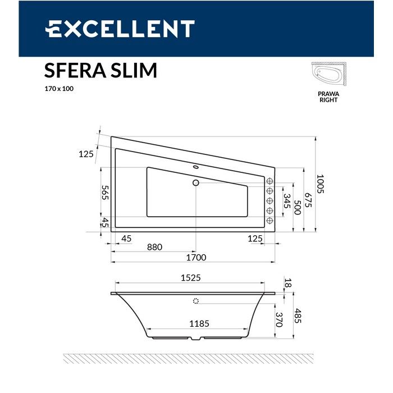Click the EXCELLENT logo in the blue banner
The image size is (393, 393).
(120, 29)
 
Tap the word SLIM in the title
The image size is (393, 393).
(135, 71)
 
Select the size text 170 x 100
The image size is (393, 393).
(59, 89)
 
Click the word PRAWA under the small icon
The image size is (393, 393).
(328, 95)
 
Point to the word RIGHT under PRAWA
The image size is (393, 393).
(328, 100)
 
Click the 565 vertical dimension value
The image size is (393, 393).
(104, 192)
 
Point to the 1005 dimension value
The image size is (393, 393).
(320, 184)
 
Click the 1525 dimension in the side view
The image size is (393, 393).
(190, 277)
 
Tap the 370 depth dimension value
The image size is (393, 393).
(278, 320)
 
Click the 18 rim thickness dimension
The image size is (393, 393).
(288, 284)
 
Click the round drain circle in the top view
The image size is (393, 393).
(196, 182)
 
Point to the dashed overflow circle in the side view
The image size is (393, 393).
(196, 301)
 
